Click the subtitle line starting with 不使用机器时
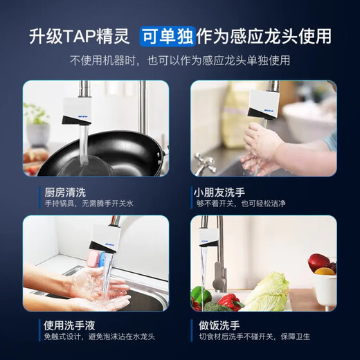[x=179, y=61]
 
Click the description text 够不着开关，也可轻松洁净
[x=241, y=204]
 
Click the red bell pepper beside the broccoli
[x=230, y=301]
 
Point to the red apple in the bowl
[x=318, y=262]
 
